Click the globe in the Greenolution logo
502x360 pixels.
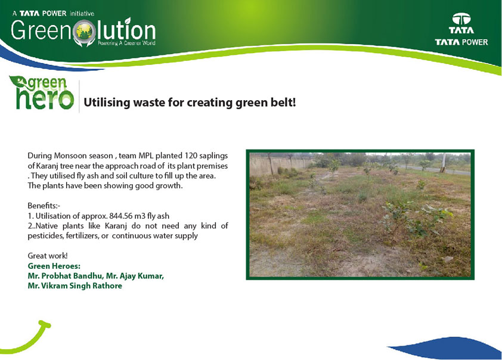(84, 32)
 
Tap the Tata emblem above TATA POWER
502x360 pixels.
(461, 18)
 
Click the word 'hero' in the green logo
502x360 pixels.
(45, 99)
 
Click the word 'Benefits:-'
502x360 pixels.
(44, 206)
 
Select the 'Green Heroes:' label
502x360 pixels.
(54, 266)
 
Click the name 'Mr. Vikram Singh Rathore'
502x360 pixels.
(75, 285)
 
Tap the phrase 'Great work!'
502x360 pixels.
(48, 256)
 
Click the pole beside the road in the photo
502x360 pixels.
(444, 163)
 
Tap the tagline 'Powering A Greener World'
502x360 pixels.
(126, 43)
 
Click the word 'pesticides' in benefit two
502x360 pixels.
(45, 236)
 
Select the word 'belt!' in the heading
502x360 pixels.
(283, 103)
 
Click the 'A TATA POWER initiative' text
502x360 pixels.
(53, 14)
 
